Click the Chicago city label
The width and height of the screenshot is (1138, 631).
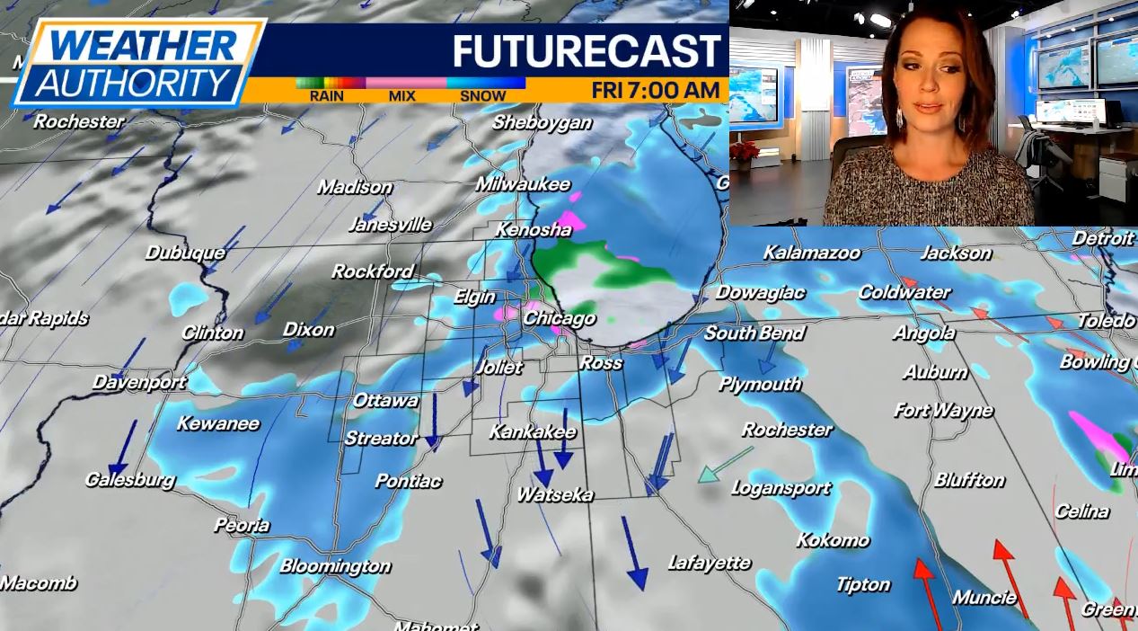559,318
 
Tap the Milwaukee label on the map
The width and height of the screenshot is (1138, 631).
523,184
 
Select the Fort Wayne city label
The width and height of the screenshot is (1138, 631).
943,411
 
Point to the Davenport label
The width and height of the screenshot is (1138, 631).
139,382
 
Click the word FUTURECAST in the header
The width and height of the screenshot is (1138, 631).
587,51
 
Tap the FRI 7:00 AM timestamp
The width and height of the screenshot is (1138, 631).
656,90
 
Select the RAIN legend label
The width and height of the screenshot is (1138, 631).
327,96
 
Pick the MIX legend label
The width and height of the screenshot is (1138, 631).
401,96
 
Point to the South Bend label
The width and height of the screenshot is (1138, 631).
754,333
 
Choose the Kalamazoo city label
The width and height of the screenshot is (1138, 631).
812,253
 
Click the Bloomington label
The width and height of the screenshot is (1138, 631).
335,565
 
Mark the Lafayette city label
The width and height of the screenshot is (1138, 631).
710,563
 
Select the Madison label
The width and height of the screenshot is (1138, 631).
355,187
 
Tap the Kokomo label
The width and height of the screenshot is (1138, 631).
833,539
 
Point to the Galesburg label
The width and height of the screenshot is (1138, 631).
129,479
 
